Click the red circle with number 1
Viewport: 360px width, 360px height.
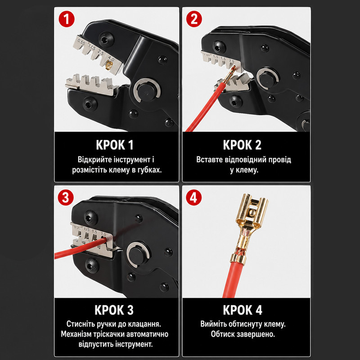(67, 19)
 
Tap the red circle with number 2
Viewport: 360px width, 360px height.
(194, 19)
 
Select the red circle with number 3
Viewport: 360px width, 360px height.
(66, 198)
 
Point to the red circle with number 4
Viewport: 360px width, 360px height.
(194, 198)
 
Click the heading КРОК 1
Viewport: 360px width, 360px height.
(115, 145)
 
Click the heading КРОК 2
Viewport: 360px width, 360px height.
(242, 145)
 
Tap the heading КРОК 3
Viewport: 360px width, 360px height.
(114, 310)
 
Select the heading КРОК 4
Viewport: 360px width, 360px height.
(243, 310)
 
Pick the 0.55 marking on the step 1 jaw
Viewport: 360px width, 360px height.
(81, 43)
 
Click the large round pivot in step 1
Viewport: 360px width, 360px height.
(147, 90)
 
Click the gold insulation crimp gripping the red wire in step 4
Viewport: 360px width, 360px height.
(238, 259)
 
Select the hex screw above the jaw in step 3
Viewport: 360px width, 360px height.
(91, 217)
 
